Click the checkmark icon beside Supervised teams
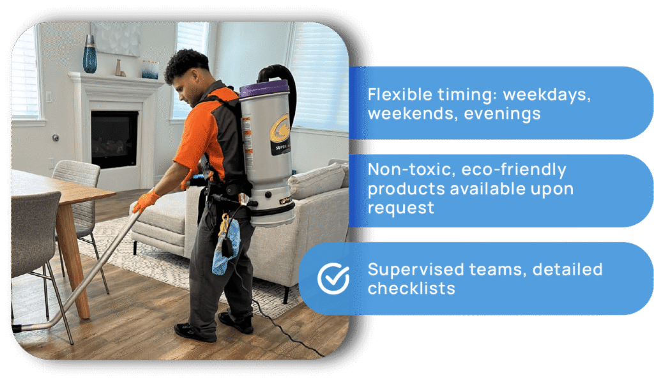(333, 278)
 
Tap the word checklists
(411, 289)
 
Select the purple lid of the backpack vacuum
(264, 89)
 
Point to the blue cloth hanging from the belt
(226, 247)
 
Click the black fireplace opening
(114, 139)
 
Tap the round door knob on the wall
(56, 137)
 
